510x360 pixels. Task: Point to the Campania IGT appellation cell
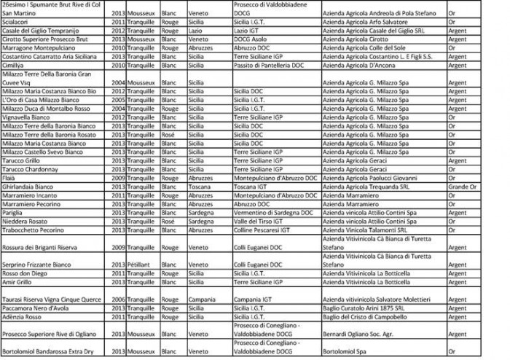(256, 298)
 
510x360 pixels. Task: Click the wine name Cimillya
(14, 63)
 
